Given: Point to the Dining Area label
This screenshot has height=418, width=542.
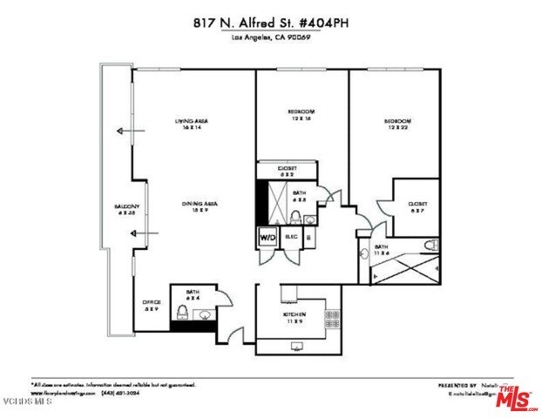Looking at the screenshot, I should [x=200, y=206].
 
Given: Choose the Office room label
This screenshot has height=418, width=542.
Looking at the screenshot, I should [x=151, y=305].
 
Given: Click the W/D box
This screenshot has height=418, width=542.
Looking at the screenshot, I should [x=266, y=236].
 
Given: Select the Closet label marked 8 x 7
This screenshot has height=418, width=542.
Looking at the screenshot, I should [x=417, y=207].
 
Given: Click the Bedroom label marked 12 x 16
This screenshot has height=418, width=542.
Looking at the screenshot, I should [x=301, y=115].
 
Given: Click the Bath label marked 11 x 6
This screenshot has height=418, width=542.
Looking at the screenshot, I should [x=381, y=250].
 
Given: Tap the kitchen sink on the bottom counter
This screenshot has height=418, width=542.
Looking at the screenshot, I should [x=297, y=345].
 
